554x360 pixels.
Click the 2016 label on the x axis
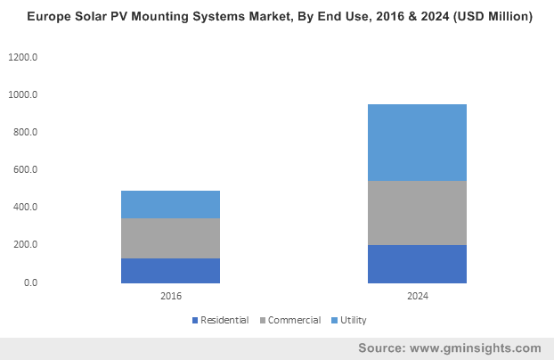(x=172, y=296)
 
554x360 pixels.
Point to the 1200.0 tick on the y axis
(x=23, y=57)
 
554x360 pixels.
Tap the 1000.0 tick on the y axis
(x=23, y=94)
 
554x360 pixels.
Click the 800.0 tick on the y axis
(x=26, y=132)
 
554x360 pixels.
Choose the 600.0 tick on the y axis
(x=26, y=169)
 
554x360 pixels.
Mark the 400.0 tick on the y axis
(x=26, y=208)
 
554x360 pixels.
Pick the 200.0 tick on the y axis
(x=26, y=245)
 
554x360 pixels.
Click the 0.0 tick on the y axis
(x=31, y=282)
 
